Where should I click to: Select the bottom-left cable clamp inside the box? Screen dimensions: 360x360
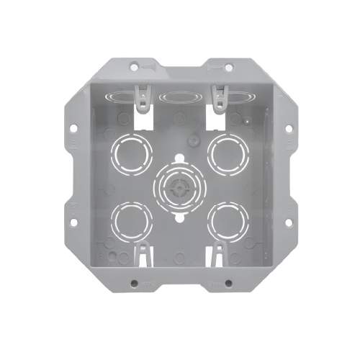145,253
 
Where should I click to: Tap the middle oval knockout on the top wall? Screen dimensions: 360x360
180,96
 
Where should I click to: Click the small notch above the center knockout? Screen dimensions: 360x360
179,156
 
